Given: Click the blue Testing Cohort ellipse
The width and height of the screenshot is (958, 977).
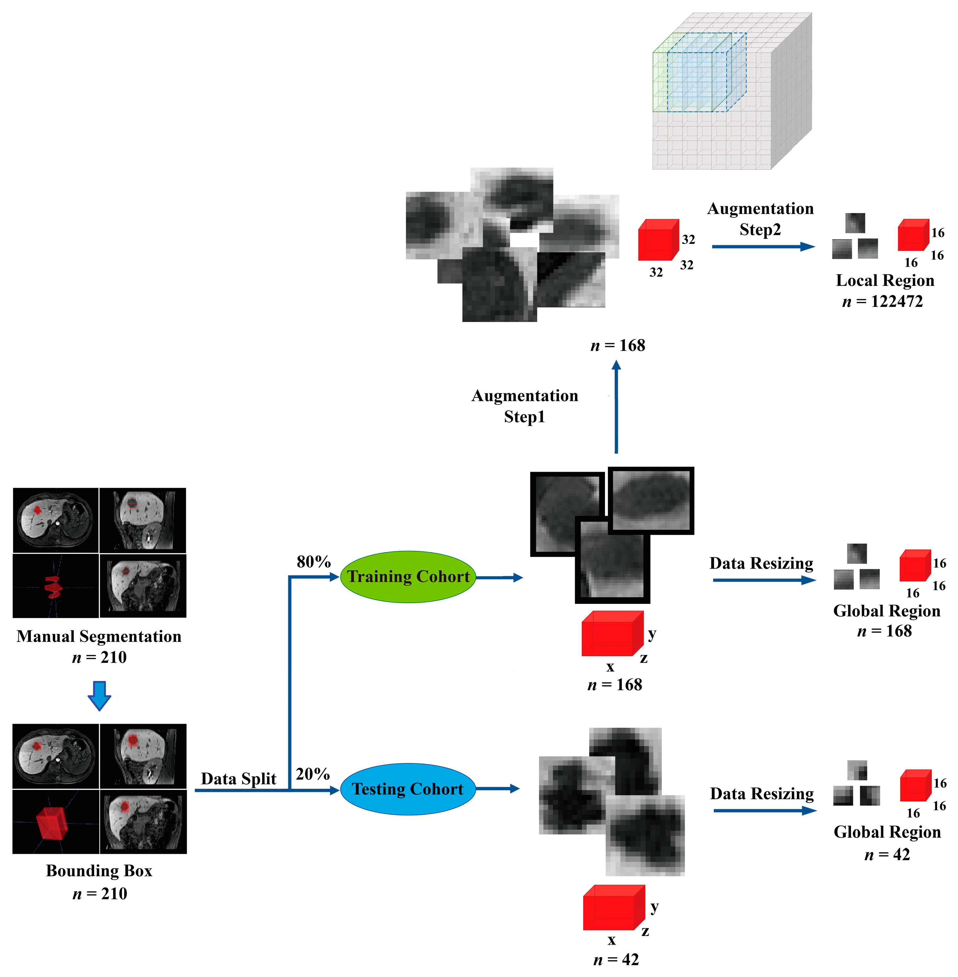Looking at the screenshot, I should [408, 789].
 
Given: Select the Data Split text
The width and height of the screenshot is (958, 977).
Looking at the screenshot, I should [238, 779].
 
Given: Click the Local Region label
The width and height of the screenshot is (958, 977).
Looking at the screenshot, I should [884, 280].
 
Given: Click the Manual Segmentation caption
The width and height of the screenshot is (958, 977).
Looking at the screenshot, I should [99, 636].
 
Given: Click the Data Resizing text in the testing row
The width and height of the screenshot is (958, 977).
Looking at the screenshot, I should [762, 794].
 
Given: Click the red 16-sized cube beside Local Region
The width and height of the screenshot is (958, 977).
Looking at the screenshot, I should [913, 236].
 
